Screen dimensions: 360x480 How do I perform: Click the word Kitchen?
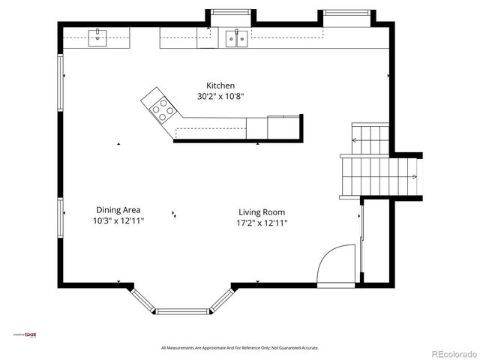coord(221,85)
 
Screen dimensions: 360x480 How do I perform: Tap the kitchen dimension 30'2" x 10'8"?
coord(221,96)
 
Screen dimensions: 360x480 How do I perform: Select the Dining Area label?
coord(118,210)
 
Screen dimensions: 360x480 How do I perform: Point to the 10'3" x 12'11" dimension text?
coord(118,221)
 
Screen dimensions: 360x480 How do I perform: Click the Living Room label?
coord(262,212)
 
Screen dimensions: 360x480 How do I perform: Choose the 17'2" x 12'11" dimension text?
coord(262,223)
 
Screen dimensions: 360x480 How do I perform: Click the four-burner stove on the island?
coord(162,111)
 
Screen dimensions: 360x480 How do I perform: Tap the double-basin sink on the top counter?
coord(238,37)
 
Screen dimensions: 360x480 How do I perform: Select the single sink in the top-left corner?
coord(97,37)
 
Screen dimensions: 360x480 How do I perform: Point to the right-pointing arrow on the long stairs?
coord(413,177)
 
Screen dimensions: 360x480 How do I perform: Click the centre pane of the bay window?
coord(182,310)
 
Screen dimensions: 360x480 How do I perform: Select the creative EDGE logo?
coord(25,335)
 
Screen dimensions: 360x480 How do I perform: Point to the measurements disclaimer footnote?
coord(240,348)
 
